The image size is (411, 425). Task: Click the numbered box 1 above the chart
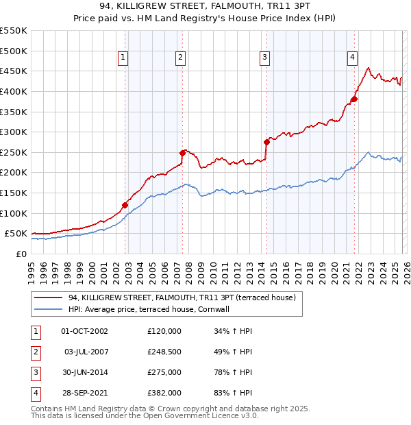tap(123, 58)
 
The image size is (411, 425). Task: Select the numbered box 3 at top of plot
tap(264, 58)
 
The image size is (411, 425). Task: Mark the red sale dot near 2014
tap(266, 142)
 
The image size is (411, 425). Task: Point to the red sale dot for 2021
tap(354, 99)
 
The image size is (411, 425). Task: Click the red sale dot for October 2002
tap(125, 204)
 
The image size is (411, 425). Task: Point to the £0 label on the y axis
tap(21, 254)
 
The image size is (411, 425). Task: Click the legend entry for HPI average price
tap(153, 310)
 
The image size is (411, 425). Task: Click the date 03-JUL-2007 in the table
tap(87, 352)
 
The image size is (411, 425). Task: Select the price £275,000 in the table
tap(164, 372)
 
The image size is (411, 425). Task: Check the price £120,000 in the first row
tap(164, 331)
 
